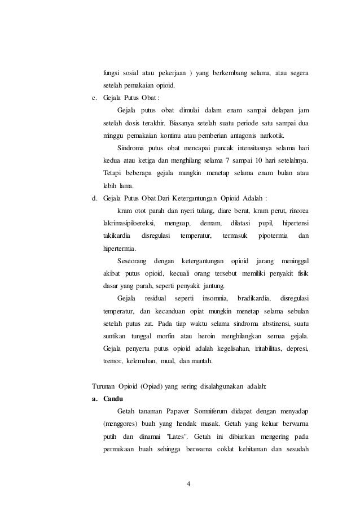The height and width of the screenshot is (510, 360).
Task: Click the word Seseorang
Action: coord(132,261)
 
